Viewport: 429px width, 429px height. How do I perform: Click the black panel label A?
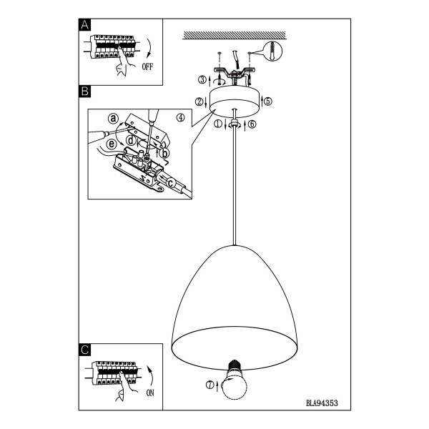click(85, 25)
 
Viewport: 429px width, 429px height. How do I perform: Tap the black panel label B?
click(85, 92)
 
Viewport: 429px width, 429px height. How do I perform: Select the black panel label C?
click(85, 350)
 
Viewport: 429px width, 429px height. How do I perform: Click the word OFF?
click(147, 66)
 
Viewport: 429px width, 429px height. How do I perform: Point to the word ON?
click(150, 393)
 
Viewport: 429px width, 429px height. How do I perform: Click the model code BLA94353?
click(322, 403)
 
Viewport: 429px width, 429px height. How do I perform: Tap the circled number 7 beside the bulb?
click(209, 385)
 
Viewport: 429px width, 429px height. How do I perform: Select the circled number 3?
click(202, 80)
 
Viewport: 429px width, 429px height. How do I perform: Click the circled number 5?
click(268, 102)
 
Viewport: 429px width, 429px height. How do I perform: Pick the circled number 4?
click(181, 118)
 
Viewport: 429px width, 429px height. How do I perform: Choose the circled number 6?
click(252, 124)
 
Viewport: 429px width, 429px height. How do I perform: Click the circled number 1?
click(218, 124)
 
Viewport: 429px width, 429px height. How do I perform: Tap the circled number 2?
click(199, 102)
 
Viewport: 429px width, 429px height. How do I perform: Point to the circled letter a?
click(113, 119)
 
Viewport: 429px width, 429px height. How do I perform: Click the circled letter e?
click(112, 144)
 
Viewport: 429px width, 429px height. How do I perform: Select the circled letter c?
click(170, 183)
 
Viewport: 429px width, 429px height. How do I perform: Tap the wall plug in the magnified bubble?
click(272, 51)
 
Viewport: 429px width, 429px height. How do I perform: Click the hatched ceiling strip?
click(235, 35)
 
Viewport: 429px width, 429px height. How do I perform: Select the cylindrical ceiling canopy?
click(235, 99)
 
